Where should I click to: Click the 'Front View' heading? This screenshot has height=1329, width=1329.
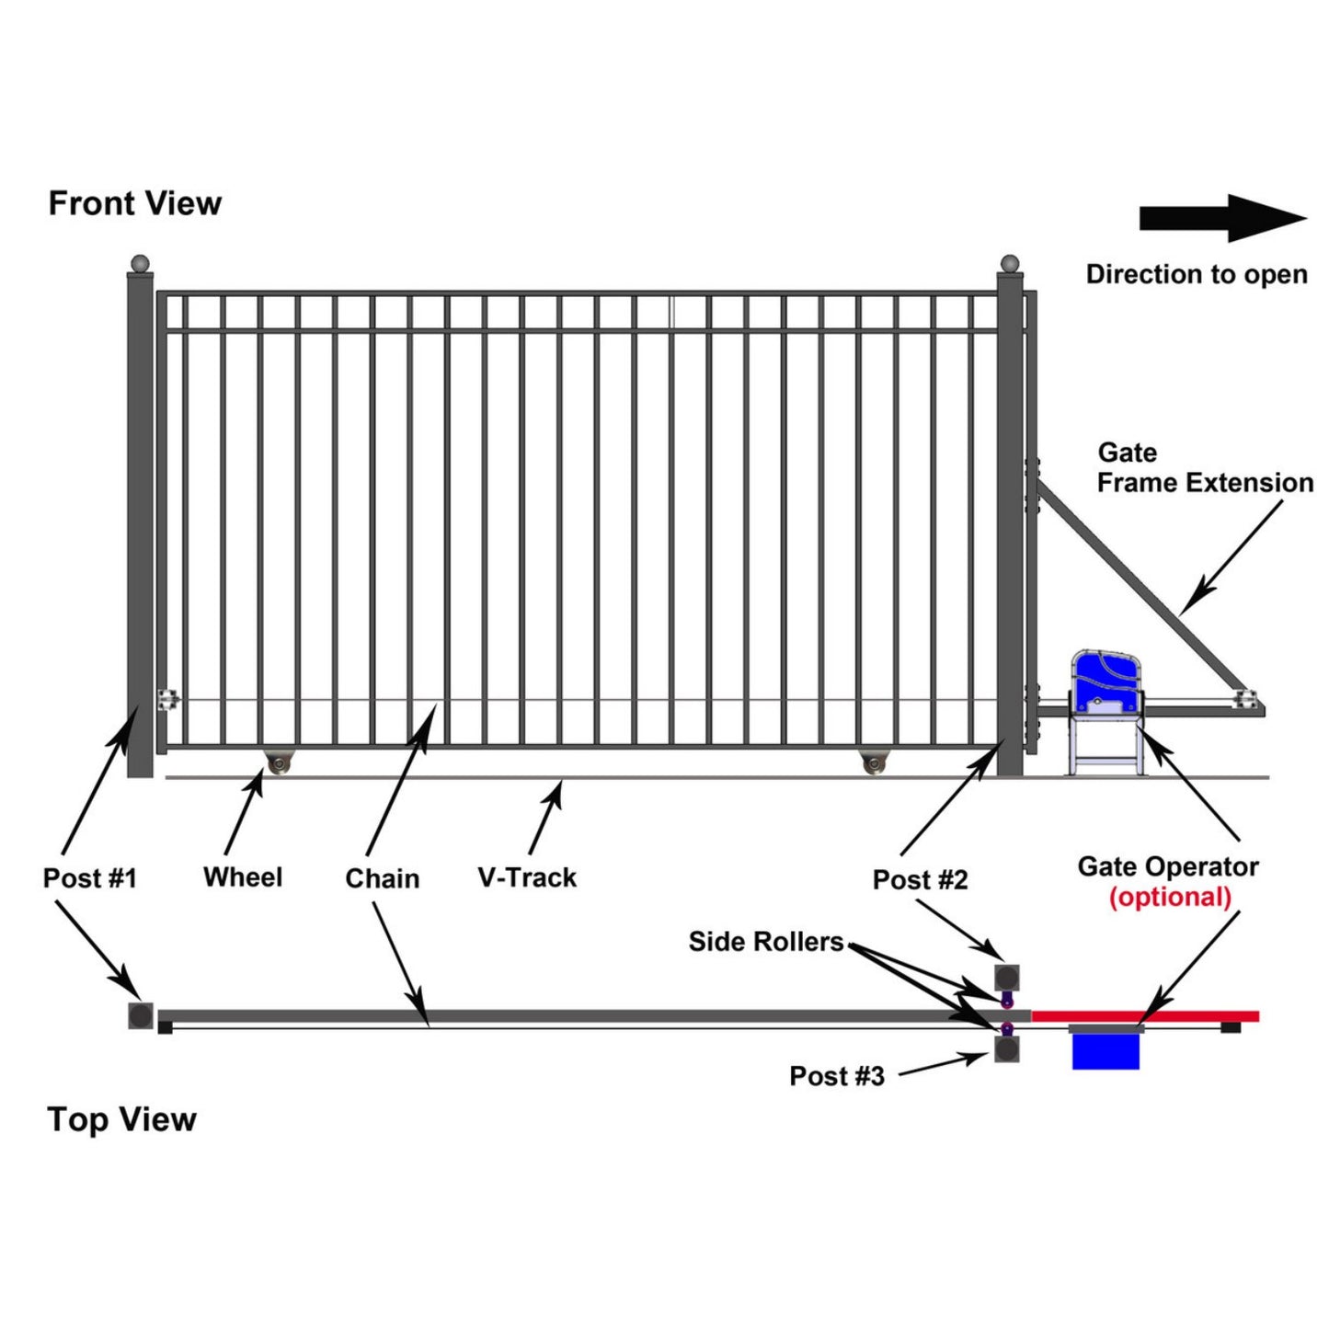(134, 203)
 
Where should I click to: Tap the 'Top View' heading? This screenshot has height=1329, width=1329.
(121, 1119)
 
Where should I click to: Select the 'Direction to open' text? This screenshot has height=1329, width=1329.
(1196, 274)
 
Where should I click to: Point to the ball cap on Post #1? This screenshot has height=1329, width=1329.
(140, 263)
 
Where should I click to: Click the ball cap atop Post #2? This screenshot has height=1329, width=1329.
(1010, 263)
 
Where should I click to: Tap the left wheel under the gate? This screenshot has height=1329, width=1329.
(277, 763)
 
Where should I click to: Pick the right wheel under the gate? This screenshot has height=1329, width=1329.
(874, 763)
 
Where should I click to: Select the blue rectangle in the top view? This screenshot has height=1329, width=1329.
(1106, 1051)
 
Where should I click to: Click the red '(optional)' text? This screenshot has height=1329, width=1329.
(1170, 897)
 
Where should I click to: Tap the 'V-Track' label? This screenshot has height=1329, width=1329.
(527, 877)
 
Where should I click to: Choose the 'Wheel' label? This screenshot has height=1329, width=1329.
(243, 877)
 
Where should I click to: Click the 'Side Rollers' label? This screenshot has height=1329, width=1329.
(766, 942)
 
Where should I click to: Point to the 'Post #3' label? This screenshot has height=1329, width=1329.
(837, 1076)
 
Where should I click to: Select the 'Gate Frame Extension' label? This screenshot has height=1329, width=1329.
(1204, 468)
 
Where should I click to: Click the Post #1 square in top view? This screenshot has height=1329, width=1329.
(141, 1015)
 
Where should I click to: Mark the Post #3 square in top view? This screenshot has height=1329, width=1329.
(1007, 1049)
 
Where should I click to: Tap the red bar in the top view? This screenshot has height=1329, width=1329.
(1145, 1016)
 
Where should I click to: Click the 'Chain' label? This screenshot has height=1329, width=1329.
(382, 878)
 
